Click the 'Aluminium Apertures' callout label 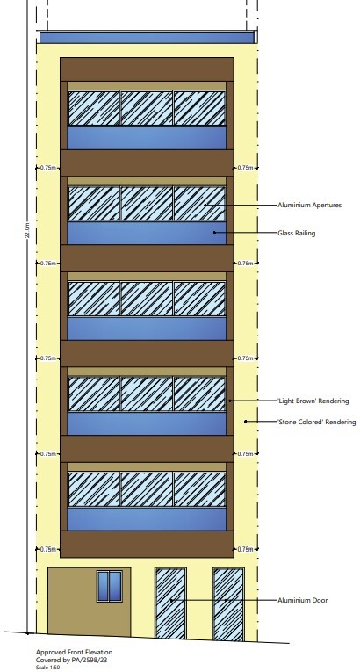click(309, 206)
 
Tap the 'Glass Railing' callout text click(296, 233)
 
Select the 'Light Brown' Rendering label click(313, 401)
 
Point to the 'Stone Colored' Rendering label click(317, 422)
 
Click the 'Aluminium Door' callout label click(303, 601)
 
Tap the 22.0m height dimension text click(28, 230)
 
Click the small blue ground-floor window click(109, 586)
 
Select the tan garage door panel click(89, 602)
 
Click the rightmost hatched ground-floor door click(228, 604)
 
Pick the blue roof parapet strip click(147, 37)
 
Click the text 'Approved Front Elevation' click(74, 653)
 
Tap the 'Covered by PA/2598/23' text click(72, 660)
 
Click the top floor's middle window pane click(147, 108)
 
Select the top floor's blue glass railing click(147, 138)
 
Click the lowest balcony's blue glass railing click(147, 519)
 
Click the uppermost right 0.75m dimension click(246, 168)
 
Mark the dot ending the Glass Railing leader click(214, 233)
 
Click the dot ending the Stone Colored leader click(246, 422)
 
